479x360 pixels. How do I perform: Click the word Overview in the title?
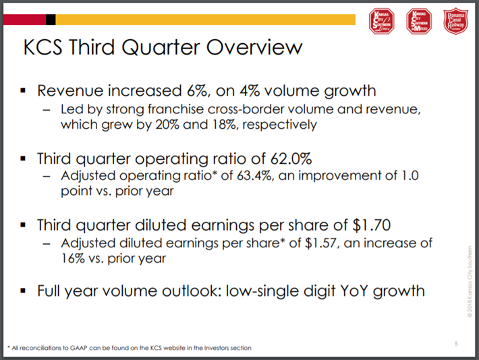click(x=254, y=49)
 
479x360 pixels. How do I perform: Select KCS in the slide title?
click(x=45, y=49)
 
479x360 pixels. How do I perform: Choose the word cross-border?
click(x=231, y=109)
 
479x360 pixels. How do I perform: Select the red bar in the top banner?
click(x=24, y=20)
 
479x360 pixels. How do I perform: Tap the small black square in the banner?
click(x=51, y=20)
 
